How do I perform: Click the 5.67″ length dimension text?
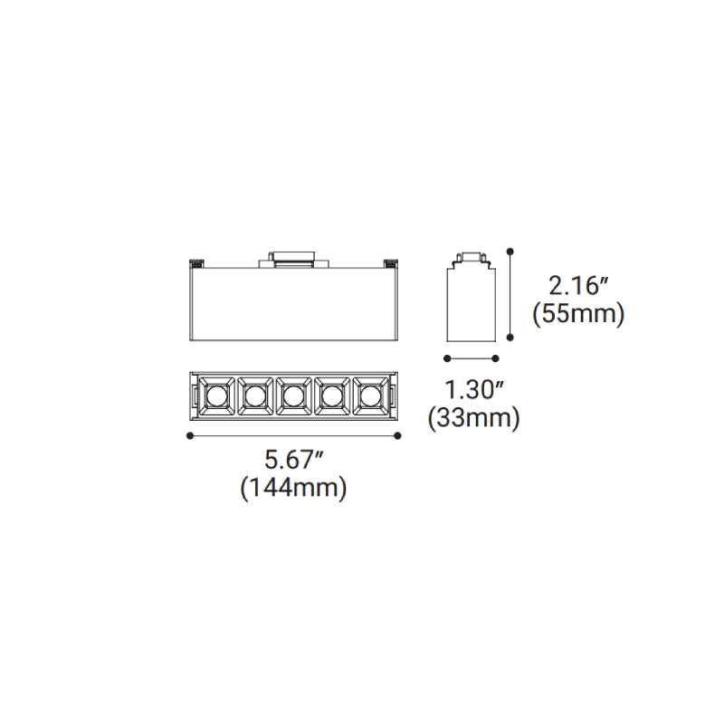click(293, 460)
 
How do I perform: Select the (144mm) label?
click(293, 488)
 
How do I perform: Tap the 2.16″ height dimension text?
click(579, 286)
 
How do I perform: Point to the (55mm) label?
click(578, 314)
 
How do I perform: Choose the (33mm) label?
click(473, 418)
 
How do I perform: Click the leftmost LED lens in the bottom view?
click(214, 395)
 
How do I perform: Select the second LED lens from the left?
click(254, 395)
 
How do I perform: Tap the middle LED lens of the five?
click(292, 395)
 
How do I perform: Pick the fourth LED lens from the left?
click(331, 395)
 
